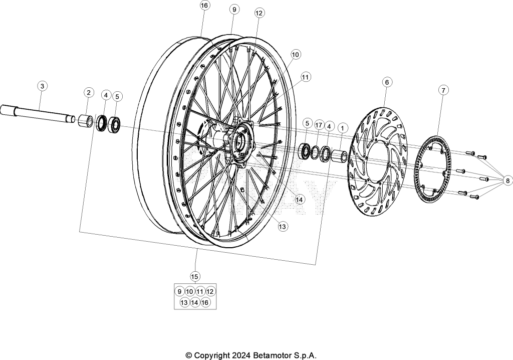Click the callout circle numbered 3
pos(42,86)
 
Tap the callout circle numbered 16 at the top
pos(204,6)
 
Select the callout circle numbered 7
pos(443,90)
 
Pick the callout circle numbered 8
pos(507,181)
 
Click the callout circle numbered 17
pos(319,125)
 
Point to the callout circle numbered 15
pos(195,276)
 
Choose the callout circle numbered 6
pos(387,82)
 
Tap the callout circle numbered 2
pos(89,92)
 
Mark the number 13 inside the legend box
pos(184,302)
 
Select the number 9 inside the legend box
pos(179,291)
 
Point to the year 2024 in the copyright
pos(242,355)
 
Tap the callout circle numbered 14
pos(300,199)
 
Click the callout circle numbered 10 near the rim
pos(295,54)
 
